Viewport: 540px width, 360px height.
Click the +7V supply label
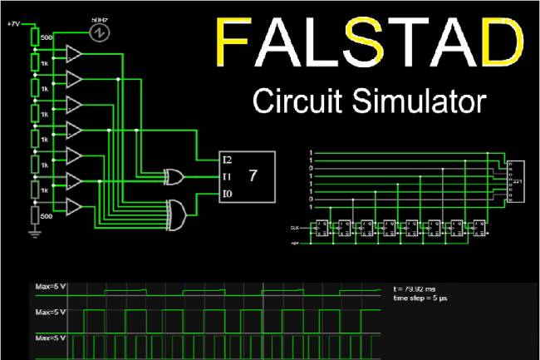pyautogui.click(x=13, y=25)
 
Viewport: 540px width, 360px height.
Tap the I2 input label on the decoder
pyautogui.click(x=227, y=159)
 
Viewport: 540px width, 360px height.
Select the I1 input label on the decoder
pyautogui.click(x=227, y=176)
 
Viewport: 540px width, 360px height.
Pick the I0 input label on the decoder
pyautogui.click(x=227, y=194)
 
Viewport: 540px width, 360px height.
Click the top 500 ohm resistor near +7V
pyautogui.click(x=35, y=37)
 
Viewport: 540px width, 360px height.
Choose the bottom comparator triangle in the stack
pyautogui.click(x=73, y=205)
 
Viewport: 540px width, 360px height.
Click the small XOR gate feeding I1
pyautogui.click(x=174, y=176)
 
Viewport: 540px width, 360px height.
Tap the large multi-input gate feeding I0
pyautogui.click(x=177, y=215)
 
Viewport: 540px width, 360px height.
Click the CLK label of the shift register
pyautogui.click(x=295, y=226)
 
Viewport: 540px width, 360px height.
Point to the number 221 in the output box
pyautogui.click(x=517, y=180)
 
